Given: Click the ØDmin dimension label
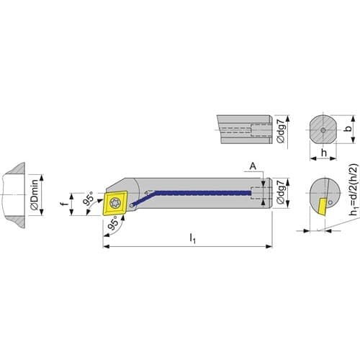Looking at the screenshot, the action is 35,194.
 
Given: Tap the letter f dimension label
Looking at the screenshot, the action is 63,204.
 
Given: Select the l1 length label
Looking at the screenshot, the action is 192,238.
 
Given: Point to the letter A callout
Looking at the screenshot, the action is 253,166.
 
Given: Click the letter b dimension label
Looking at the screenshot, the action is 348,128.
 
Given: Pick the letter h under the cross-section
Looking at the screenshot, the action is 324,152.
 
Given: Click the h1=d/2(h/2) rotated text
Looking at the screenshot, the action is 354,189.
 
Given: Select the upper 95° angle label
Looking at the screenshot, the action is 89,198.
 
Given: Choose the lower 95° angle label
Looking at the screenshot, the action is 113,222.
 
